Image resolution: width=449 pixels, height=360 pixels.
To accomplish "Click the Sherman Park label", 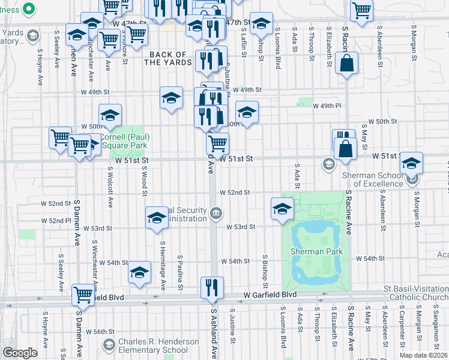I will [316, 251].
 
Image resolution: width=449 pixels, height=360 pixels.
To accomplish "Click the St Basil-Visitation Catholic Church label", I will [416, 293].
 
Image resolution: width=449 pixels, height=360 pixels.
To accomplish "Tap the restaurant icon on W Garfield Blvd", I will [212, 287].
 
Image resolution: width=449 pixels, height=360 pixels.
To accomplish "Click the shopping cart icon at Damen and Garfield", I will [83, 295].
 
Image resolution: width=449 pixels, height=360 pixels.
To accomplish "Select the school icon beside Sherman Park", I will [282, 208].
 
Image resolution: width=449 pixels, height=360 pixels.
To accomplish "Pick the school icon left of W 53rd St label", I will [156, 217].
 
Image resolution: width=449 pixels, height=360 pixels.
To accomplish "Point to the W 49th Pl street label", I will [327, 105].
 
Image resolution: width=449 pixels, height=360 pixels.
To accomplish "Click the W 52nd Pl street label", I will [56, 221].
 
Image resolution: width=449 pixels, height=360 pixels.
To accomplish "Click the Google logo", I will [20, 353].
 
